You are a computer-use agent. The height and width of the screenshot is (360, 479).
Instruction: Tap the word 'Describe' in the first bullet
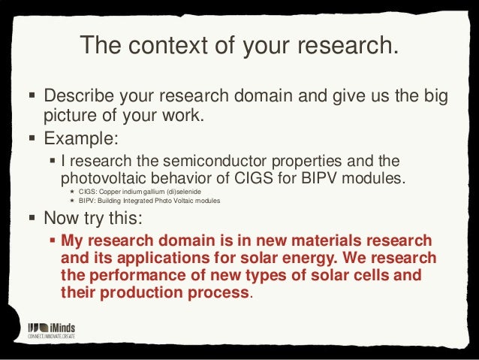[x=80, y=98]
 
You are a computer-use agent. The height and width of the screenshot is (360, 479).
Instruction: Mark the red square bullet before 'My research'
[x=52, y=241]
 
